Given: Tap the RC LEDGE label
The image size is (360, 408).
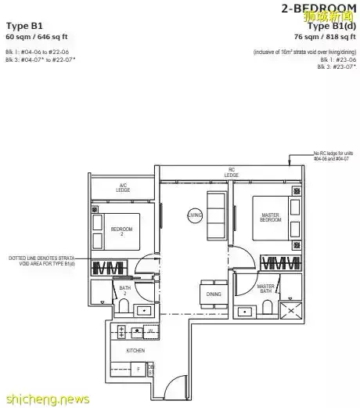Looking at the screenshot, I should (231, 171).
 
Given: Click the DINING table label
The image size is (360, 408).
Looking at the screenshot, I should (214, 294).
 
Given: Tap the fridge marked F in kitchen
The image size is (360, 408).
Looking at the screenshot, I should (139, 367).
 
